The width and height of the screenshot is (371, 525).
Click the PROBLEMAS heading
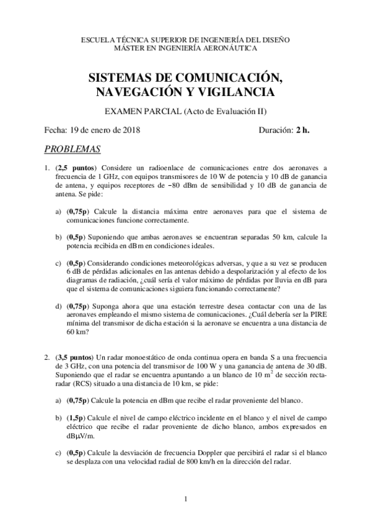tap(72, 149)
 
